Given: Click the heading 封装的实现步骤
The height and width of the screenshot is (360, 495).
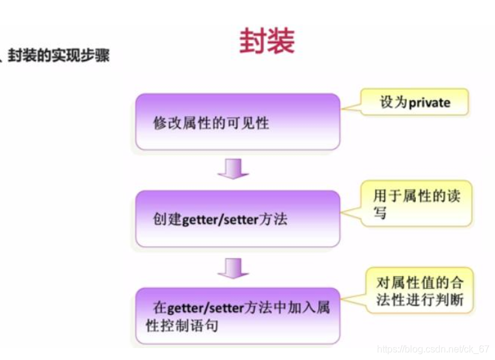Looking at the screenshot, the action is coord(59,57).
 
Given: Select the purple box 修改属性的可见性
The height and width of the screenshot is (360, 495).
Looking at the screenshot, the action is coord(238,122).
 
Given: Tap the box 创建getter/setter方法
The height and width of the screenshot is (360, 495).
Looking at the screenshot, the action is coord(238,219).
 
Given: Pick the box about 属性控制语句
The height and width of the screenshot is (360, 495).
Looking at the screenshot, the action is coord(238,316).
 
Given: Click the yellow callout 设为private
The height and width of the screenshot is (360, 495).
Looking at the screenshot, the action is coord(415,102).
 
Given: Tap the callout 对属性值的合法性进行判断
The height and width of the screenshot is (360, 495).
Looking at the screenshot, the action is coord(419,291).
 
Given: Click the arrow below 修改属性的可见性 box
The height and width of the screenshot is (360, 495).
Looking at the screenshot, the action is coord(233,170).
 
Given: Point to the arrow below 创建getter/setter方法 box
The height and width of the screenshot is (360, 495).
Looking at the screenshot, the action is coord(233,268).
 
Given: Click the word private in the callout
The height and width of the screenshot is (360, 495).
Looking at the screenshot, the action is coord(429,102).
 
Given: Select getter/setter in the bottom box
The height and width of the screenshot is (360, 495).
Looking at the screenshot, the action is coord(207,308).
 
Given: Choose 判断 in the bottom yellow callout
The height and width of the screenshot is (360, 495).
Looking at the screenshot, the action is coord(449,300).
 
